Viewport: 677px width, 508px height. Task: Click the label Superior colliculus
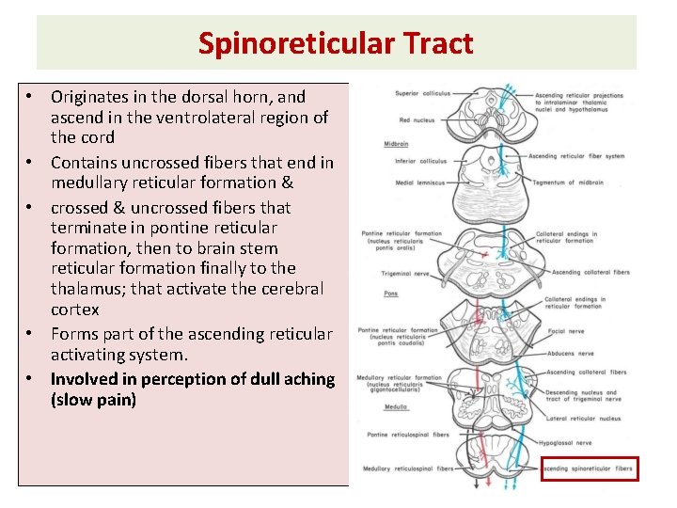click(x=422, y=94)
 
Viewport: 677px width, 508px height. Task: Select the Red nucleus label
click(x=417, y=120)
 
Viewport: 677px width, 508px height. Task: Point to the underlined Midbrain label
click(x=396, y=144)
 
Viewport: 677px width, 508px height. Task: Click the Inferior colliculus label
click(x=421, y=161)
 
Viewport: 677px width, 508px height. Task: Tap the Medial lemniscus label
click(x=418, y=183)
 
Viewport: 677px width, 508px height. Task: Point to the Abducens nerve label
click(x=572, y=354)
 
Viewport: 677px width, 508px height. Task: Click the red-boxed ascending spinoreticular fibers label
click(x=590, y=468)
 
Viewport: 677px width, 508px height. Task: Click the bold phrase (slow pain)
click(x=94, y=401)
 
